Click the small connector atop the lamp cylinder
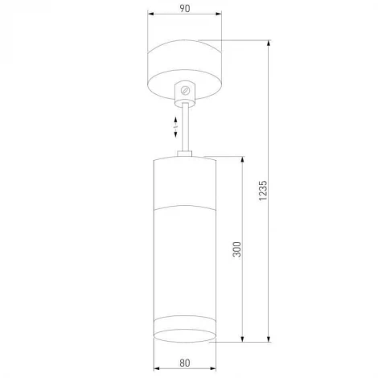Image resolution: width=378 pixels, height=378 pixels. [186, 153]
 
